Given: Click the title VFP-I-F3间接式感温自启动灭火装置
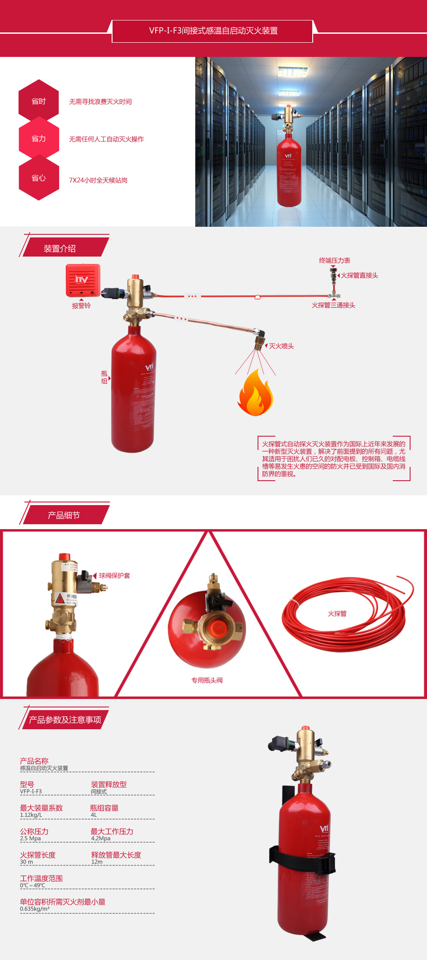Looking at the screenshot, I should click(213, 31).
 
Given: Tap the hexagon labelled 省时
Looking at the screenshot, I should click(39, 101).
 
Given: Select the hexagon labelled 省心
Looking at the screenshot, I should click(39, 178).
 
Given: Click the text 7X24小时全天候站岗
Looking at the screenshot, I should click(98, 180).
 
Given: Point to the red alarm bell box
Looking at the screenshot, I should click(83, 280).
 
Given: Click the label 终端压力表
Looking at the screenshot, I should click(334, 261).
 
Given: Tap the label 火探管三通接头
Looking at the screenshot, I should click(333, 305).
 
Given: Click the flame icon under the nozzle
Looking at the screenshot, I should click(255, 394).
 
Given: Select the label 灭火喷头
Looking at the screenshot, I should click(281, 346).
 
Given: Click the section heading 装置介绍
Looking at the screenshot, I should click(60, 249).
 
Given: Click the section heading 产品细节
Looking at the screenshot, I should click(64, 515).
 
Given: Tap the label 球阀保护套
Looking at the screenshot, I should click(114, 575).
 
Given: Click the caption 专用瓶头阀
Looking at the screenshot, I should click(207, 680).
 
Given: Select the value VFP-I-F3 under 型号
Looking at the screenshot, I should click(31, 791).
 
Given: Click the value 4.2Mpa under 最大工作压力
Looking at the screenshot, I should click(101, 838).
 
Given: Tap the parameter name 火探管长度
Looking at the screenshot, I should click(38, 855).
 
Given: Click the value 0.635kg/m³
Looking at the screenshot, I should click(35, 909).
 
